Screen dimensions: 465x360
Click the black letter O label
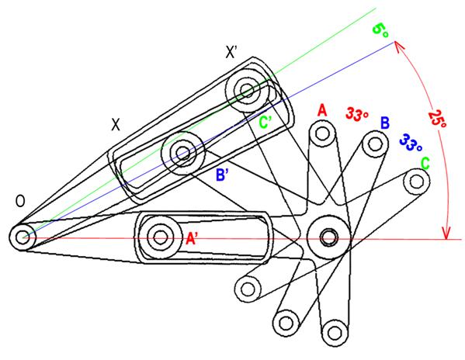pyautogui.click(x=20, y=202)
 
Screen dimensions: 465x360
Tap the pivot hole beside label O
pyautogui.click(x=22, y=237)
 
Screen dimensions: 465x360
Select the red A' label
pyautogui.click(x=192, y=238)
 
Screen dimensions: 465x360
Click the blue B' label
pyautogui.click(x=223, y=175)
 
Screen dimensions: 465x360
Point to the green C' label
pyautogui.click(x=265, y=122)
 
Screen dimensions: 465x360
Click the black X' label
pyautogui.click(x=231, y=52)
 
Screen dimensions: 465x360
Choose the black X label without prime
pyautogui.click(x=116, y=124)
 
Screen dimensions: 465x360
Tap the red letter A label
pyautogui.click(x=322, y=110)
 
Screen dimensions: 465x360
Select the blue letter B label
pyautogui.click(x=384, y=123)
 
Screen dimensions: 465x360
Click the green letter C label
pyautogui.click(x=425, y=163)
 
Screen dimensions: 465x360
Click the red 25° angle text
pyautogui.click(x=437, y=119)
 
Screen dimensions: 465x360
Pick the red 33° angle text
pyautogui.click(x=357, y=114)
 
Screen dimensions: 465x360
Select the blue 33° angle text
pyautogui.click(x=411, y=143)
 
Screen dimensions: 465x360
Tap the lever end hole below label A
pyautogui.click(x=321, y=133)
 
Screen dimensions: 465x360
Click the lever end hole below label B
pyautogui.click(x=375, y=144)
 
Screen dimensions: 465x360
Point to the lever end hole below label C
pyautogui.click(x=417, y=181)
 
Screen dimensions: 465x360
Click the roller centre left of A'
pyautogui.click(x=161, y=237)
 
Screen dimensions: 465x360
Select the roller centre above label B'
pyautogui.click(x=182, y=153)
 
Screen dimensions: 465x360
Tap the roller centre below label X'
pyautogui.click(x=247, y=90)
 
